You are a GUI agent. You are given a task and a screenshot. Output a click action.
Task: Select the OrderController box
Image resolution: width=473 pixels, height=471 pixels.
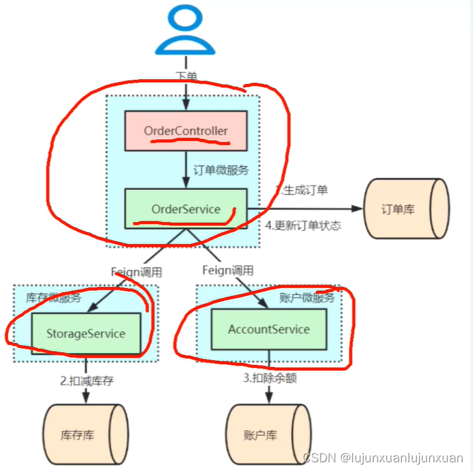tap(186, 131)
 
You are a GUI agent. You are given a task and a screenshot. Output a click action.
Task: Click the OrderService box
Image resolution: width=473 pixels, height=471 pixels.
tap(186, 209)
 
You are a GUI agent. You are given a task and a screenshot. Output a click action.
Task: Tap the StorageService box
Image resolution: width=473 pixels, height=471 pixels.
tap(86, 333)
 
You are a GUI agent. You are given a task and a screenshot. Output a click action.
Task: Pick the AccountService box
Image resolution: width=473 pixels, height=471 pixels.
tap(269, 329)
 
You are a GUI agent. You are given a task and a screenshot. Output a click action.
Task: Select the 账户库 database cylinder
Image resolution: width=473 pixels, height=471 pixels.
tap(268, 435)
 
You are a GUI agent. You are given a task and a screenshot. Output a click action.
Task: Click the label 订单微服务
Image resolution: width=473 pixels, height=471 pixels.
tap(221, 170)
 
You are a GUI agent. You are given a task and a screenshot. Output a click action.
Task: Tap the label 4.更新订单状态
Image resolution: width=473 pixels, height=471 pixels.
tap(303, 225)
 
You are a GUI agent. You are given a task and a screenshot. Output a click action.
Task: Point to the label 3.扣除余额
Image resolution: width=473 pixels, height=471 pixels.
tap(270, 378)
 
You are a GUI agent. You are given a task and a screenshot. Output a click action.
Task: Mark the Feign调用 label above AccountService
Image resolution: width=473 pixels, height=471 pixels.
tap(228, 270)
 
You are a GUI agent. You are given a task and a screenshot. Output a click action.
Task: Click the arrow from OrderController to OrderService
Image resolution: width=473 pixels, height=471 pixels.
tap(186, 169)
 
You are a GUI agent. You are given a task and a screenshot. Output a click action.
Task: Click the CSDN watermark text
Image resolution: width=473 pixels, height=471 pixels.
tap(382, 458)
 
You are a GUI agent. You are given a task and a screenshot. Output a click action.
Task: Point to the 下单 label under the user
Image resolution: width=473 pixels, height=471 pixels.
tap(186, 78)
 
